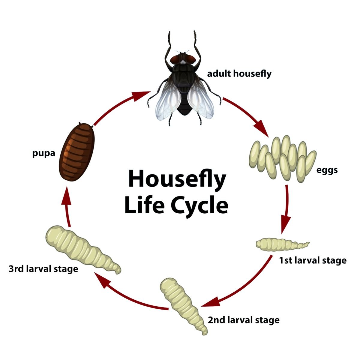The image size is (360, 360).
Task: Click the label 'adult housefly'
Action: pos(239,73)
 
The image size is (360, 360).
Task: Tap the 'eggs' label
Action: pos(327,170)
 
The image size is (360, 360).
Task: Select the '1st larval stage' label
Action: pos(313,260)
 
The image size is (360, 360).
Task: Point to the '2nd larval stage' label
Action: pos(244,320)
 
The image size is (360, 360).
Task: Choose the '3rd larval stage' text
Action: pos(43,269)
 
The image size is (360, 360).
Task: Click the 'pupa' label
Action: pos(44,154)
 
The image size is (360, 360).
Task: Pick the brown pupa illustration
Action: pos(77,152)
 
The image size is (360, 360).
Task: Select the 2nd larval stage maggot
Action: pos(183,305)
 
